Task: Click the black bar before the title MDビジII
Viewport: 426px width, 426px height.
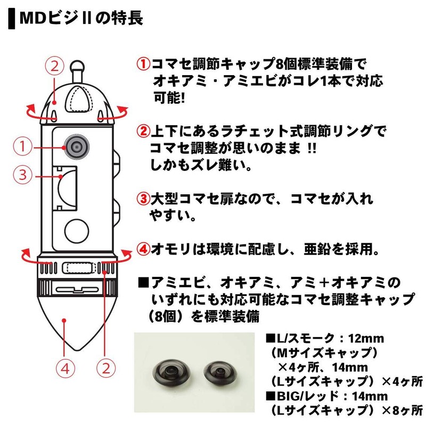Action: [11, 19]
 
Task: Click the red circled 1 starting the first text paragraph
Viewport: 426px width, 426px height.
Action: [143, 65]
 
